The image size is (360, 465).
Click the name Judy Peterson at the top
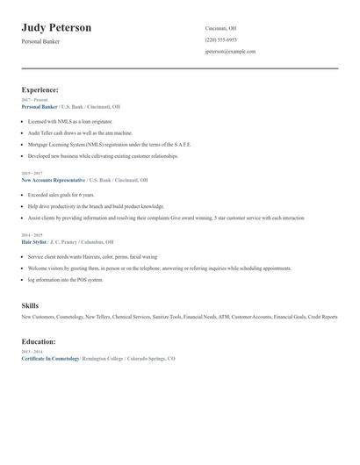[x=56, y=28]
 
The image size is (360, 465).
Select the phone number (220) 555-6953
[x=220, y=39]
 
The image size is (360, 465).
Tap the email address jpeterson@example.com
[x=230, y=51]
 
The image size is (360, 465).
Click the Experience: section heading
[x=40, y=89]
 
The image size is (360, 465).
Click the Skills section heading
[x=30, y=305]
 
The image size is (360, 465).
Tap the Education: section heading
[x=39, y=341]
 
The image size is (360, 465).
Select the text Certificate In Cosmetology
[x=50, y=359]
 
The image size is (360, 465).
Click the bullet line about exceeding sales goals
[x=61, y=195]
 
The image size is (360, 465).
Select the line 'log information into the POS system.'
[x=65, y=280]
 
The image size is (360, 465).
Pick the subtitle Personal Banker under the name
[x=40, y=41]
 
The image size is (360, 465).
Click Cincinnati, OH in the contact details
[x=220, y=28]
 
